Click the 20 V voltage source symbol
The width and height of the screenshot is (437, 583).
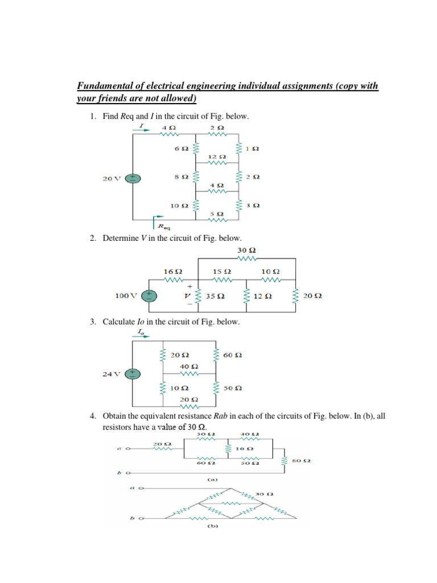click(133, 178)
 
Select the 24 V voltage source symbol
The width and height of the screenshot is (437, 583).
click(133, 373)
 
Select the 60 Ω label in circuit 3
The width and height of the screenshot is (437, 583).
click(233, 355)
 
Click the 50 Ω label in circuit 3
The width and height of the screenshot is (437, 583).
click(233, 388)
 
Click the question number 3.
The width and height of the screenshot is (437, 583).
click(92, 322)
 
